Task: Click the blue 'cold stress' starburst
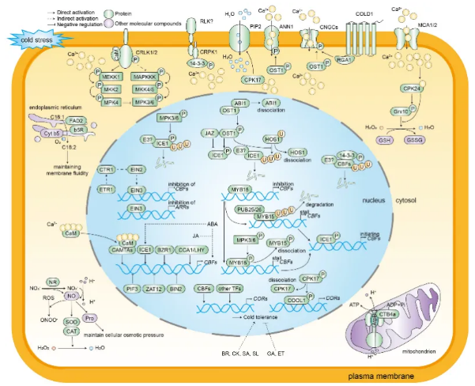[32, 37]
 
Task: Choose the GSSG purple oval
[432, 139]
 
